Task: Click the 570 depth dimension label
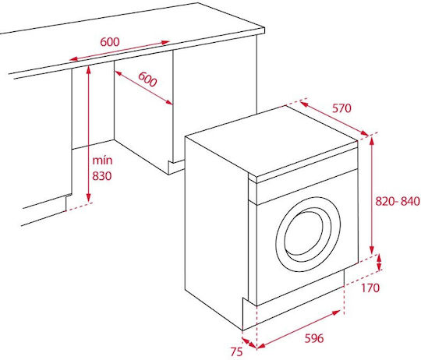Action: tap(341, 108)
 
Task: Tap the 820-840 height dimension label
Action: tap(398, 201)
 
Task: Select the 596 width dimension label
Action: tap(314, 338)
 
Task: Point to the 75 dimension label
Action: tap(236, 351)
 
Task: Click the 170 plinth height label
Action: tap(370, 288)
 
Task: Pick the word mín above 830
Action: tap(102, 161)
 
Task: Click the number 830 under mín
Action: tap(102, 176)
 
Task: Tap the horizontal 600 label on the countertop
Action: tap(110, 41)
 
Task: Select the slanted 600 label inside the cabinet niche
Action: tap(147, 79)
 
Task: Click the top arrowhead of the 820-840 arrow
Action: tap(372, 139)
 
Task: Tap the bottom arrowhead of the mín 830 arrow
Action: tap(89, 199)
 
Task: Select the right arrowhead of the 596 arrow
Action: tap(337, 312)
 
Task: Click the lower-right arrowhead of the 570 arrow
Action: tap(365, 133)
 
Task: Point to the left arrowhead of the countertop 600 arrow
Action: tap(73, 58)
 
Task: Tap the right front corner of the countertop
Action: tap(264, 33)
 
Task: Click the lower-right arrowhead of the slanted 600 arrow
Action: tap(168, 102)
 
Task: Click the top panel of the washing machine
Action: tap(271, 141)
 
